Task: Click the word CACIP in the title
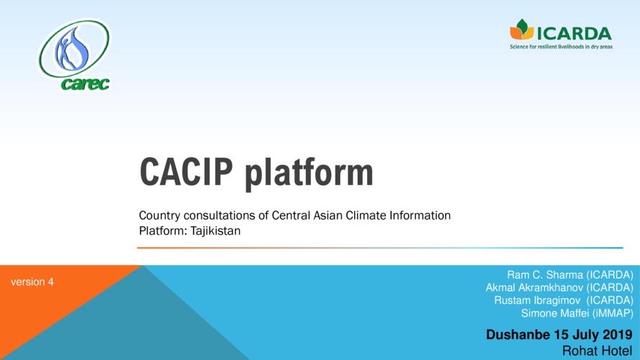[x=186, y=171]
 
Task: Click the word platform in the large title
[x=309, y=174]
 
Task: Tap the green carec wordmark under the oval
[x=85, y=84]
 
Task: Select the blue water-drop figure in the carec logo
[x=73, y=49]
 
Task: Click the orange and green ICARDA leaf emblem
[x=521, y=29]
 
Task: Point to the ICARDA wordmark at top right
[x=574, y=33]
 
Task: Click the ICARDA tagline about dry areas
[x=561, y=47]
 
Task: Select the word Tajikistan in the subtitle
[x=215, y=231]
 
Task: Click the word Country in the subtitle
[x=160, y=215]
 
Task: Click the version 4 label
[x=32, y=282]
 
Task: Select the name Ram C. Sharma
[x=545, y=275]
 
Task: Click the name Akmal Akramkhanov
[x=534, y=288]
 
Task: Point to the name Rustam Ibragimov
[x=537, y=300]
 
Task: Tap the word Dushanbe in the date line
[x=518, y=335]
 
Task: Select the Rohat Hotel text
[x=597, y=351]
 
